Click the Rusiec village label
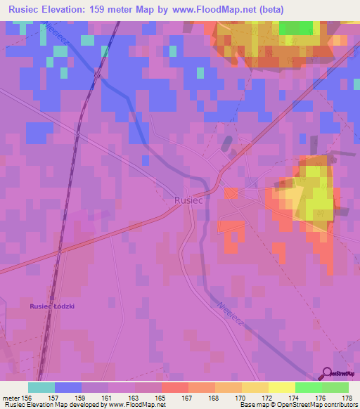tap(188, 200)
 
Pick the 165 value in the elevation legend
tap(161, 397)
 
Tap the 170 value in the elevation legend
tap(241, 397)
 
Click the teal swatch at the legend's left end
tap(41, 387)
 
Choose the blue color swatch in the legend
tap(67, 387)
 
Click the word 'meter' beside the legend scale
tap(11, 397)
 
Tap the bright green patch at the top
tap(296, 27)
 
